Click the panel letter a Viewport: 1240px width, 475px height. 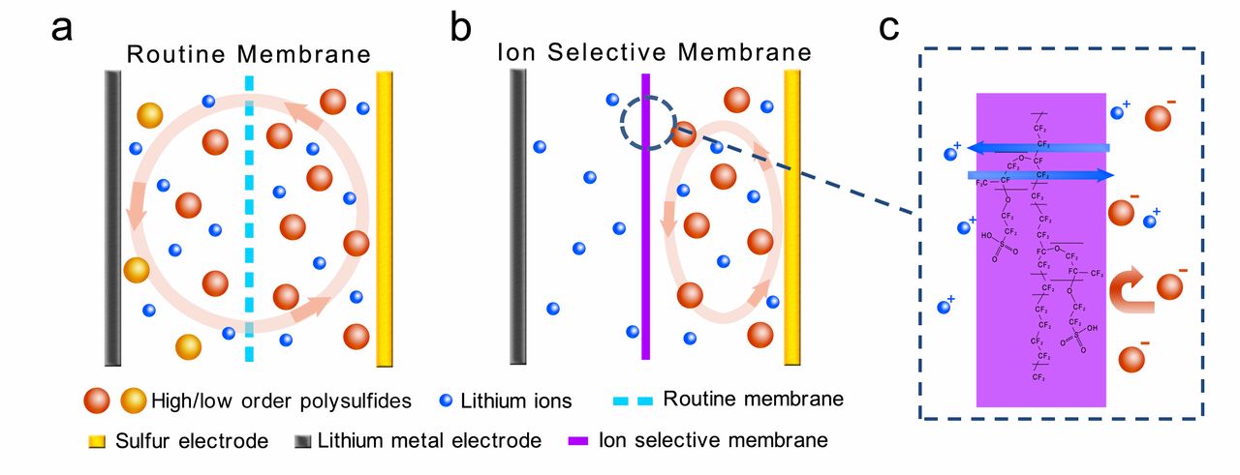pyautogui.click(x=62, y=29)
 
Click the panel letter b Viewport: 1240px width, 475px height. pyautogui.click(x=461, y=29)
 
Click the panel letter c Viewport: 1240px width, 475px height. pyautogui.click(x=889, y=29)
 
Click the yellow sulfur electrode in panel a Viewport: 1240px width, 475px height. pyautogui.click(x=385, y=218)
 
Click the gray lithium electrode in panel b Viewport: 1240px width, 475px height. pyautogui.click(x=517, y=218)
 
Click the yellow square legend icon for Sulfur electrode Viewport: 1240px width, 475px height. pyautogui.click(x=94, y=442)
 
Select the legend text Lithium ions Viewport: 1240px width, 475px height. pyautogui.click(x=516, y=400)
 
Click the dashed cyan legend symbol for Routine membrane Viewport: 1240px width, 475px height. pyautogui.click(x=635, y=400)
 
